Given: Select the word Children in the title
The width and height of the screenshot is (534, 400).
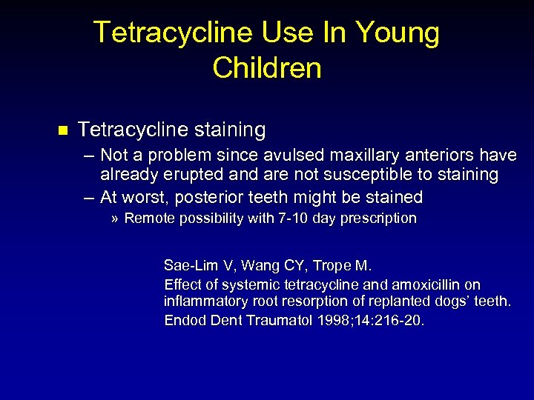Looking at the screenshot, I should click(267, 68).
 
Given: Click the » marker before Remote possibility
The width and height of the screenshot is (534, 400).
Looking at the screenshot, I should click(115, 219).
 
